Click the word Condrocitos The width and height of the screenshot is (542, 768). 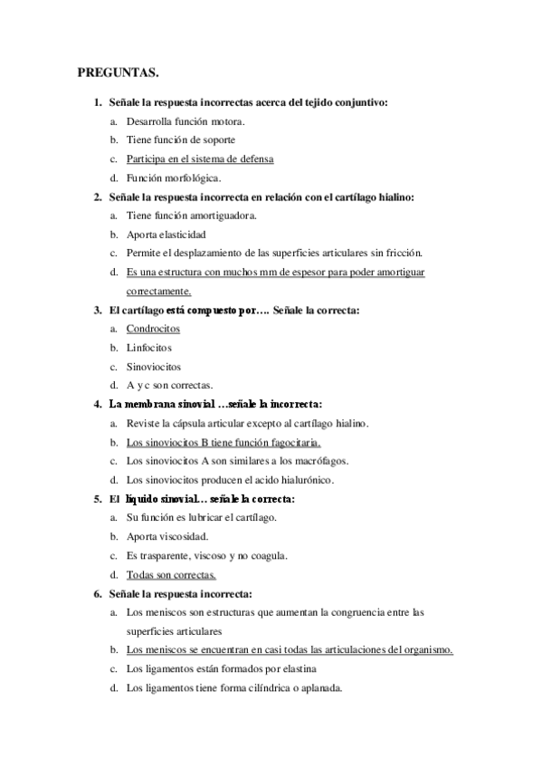[154, 329]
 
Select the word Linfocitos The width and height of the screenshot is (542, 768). [149, 347]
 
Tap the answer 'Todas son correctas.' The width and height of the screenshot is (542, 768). [171, 574]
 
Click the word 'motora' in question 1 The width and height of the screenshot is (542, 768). [225, 120]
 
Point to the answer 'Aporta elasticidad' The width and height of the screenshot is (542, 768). [167, 234]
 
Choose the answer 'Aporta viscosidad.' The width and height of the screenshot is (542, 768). [167, 536]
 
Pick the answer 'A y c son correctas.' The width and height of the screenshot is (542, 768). [170, 385]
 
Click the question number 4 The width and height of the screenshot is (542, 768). [97, 404]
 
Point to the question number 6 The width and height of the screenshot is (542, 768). [97, 593]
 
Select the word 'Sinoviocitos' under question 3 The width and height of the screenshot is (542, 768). [154, 367]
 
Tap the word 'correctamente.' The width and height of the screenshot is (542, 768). [158, 291]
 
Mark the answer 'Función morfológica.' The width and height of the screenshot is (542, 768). [173, 178]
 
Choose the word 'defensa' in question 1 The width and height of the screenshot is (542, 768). [249, 158]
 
